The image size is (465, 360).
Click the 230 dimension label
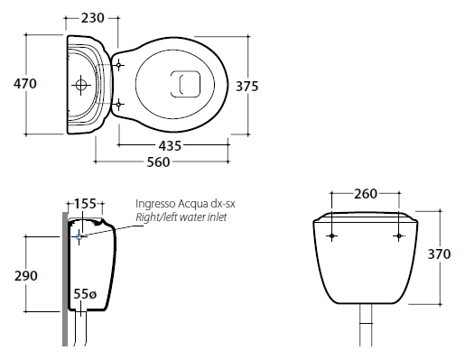[93, 18]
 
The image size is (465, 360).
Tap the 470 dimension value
[25, 84]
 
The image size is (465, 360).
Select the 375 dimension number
[246, 87]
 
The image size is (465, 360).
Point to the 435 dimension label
[170, 146]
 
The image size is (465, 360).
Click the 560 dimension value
[158, 162]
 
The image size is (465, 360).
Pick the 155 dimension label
[85, 204]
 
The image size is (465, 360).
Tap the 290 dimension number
[26, 276]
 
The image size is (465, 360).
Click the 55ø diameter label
[85, 294]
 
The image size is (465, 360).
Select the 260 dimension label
[366, 194]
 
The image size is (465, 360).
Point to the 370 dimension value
[439, 254]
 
